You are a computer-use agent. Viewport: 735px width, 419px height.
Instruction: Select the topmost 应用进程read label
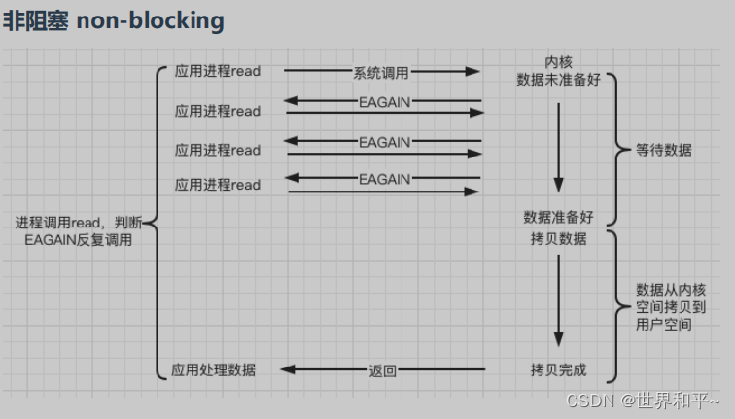click(218, 71)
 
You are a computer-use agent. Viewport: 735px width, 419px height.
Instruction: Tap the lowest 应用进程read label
click(218, 184)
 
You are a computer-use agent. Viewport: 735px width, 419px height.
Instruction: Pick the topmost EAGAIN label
click(384, 102)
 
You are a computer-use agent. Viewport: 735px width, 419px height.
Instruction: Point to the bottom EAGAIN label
click(384, 179)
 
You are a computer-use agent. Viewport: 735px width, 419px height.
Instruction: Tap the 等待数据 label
click(664, 151)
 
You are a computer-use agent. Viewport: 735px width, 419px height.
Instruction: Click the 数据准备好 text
click(558, 217)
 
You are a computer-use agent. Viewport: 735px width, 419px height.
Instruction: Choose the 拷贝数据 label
click(558, 238)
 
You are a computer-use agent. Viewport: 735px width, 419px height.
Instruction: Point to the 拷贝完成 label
click(558, 369)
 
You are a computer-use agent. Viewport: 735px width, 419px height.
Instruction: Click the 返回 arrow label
click(383, 369)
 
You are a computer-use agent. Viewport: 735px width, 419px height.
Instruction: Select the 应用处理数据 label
click(214, 369)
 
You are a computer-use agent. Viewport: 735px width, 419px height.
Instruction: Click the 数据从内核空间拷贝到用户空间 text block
click(671, 307)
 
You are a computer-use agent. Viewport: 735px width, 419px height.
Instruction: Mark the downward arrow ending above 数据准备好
click(558, 146)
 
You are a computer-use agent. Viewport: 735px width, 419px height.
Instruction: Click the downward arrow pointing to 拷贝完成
click(558, 301)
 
